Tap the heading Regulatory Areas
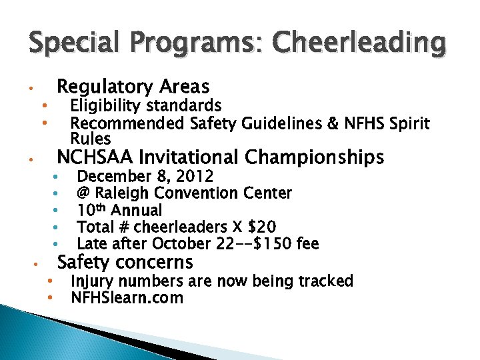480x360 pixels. [133, 87]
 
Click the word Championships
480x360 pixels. [314, 157]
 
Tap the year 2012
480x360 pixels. [194, 177]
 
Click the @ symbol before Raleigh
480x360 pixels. [84, 193]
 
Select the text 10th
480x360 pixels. [93, 210]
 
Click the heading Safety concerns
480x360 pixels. [125, 262]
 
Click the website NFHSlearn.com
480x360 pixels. [127, 298]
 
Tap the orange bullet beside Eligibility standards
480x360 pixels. [43, 105]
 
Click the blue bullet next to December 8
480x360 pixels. [58, 177]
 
